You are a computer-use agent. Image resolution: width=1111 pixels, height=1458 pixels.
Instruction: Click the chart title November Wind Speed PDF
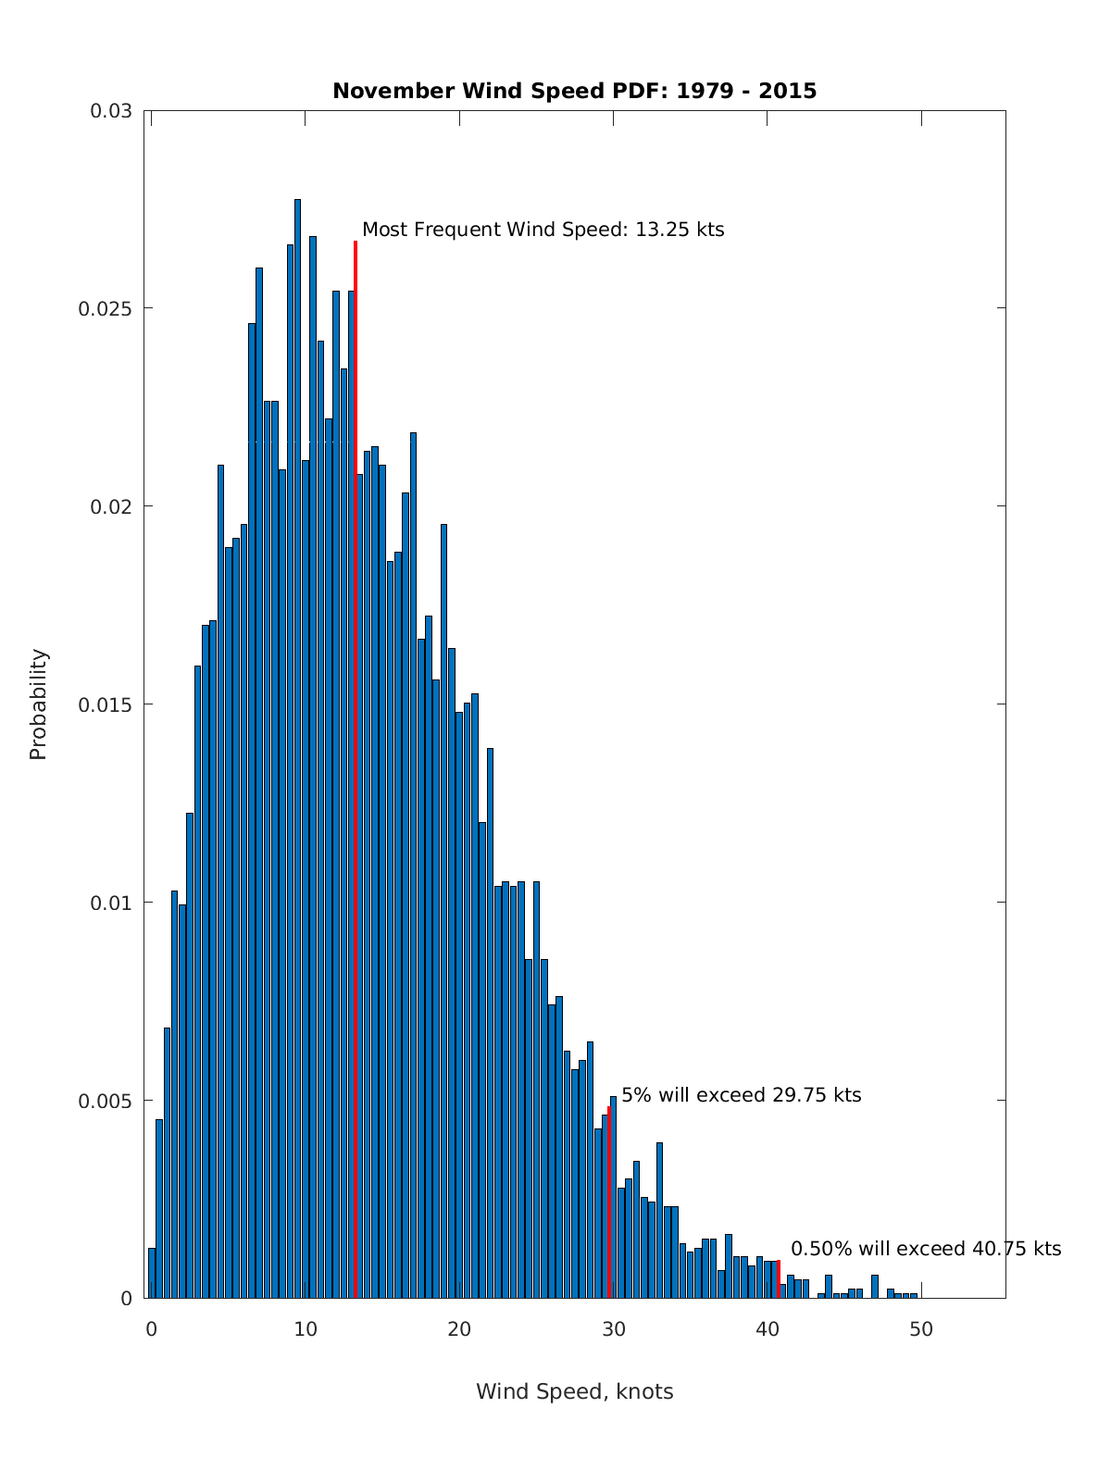pyautogui.click(x=574, y=91)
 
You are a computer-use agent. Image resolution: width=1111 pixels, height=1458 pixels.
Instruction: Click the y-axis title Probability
pyautogui.click(x=38, y=704)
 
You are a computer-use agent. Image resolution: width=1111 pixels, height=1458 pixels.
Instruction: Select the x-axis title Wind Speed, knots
pyautogui.click(x=574, y=1391)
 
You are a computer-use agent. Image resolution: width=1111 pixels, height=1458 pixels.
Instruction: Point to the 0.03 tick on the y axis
pyautogui.click(x=110, y=111)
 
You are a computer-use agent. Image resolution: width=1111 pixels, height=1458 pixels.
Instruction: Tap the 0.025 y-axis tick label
pyautogui.click(x=104, y=308)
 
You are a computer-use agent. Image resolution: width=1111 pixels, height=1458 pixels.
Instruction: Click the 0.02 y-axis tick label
pyautogui.click(x=110, y=506)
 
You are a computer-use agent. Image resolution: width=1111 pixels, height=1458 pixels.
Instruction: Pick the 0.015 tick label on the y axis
pyautogui.click(x=104, y=704)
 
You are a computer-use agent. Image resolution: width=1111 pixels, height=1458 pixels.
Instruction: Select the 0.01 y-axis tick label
pyautogui.click(x=110, y=903)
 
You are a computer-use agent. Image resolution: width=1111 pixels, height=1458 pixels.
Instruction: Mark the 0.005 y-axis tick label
pyautogui.click(x=104, y=1101)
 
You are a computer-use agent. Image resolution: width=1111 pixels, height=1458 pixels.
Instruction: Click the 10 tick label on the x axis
pyautogui.click(x=306, y=1329)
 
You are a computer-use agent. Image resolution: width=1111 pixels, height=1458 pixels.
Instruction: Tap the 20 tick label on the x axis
pyautogui.click(x=459, y=1329)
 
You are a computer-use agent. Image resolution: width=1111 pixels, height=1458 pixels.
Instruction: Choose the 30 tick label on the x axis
pyautogui.click(x=613, y=1329)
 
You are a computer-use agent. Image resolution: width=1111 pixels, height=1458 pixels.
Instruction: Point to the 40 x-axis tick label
pyautogui.click(x=768, y=1329)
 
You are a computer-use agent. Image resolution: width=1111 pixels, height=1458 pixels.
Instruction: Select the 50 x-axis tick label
pyautogui.click(x=921, y=1329)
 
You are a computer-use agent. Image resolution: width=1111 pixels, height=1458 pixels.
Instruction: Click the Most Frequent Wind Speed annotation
pyautogui.click(x=543, y=230)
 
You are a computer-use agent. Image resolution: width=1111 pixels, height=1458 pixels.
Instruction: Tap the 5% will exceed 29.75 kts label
pyautogui.click(x=741, y=1095)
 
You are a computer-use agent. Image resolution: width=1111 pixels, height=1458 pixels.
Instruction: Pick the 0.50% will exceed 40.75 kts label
pyautogui.click(x=925, y=1249)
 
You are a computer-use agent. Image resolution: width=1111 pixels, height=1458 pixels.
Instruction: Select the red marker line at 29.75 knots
pyautogui.click(x=608, y=1203)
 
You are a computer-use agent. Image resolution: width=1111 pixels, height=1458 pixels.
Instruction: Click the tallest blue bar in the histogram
pyautogui.click(x=297, y=741)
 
